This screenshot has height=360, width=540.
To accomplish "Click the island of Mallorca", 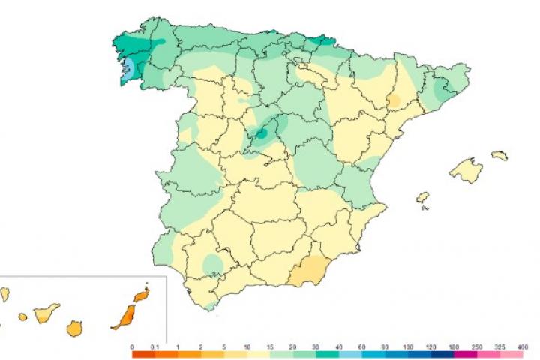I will [x=464, y=169].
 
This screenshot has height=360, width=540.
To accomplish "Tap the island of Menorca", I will [x=499, y=156].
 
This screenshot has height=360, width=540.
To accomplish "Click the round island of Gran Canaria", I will [x=74, y=328].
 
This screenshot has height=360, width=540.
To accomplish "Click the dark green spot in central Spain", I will [x=262, y=133].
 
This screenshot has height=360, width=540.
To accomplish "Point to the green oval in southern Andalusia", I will [x=213, y=263].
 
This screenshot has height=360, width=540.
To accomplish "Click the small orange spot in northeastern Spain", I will [x=393, y=100].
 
